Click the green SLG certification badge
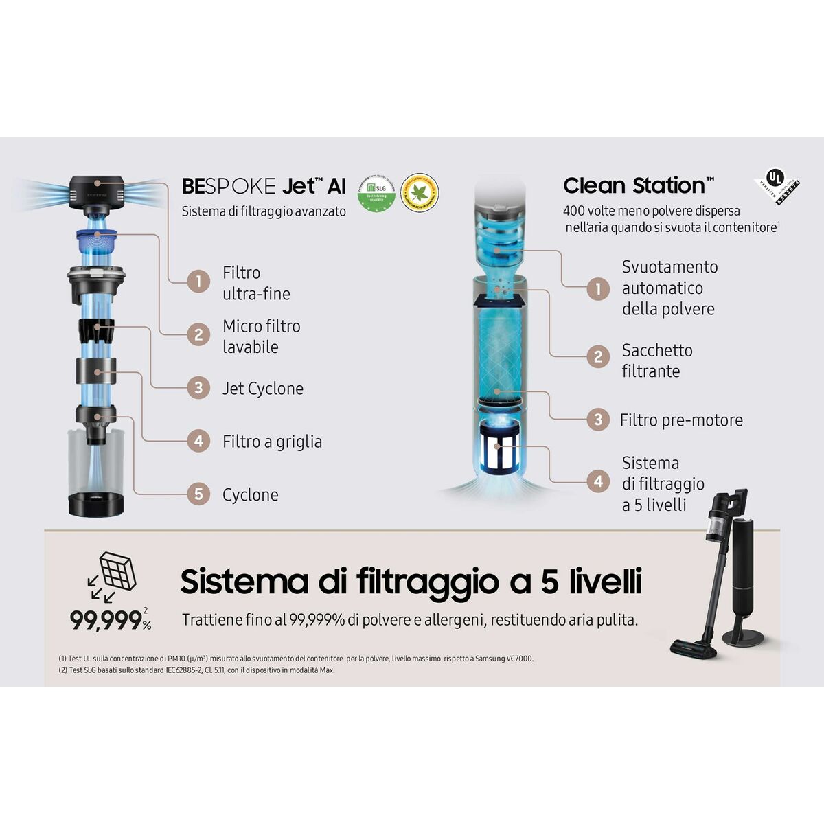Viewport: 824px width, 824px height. pyautogui.click(x=376, y=193)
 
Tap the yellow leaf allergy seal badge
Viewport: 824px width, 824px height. pyautogui.click(x=420, y=192)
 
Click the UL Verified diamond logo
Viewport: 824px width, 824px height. pyautogui.click(x=778, y=183)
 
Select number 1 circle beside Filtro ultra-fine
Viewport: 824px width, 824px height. pyautogui.click(x=198, y=282)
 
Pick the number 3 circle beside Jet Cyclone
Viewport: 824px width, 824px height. pyautogui.click(x=198, y=388)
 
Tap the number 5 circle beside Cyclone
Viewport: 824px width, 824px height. pyautogui.click(x=198, y=494)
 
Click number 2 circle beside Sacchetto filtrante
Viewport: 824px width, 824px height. pyautogui.click(x=598, y=356)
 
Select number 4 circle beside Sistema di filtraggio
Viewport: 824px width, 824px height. pyautogui.click(x=598, y=481)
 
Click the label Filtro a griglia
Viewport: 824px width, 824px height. pyautogui.click(x=272, y=442)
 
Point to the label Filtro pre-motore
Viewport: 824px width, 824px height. pyautogui.click(x=681, y=420)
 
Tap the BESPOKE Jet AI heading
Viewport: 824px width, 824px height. pyautogui.click(x=264, y=186)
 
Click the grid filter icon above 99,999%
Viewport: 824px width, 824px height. pyautogui.click(x=117, y=571)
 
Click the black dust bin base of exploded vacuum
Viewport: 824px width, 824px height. pyautogui.click(x=96, y=503)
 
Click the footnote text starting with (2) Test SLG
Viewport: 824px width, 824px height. pyautogui.click(x=197, y=670)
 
